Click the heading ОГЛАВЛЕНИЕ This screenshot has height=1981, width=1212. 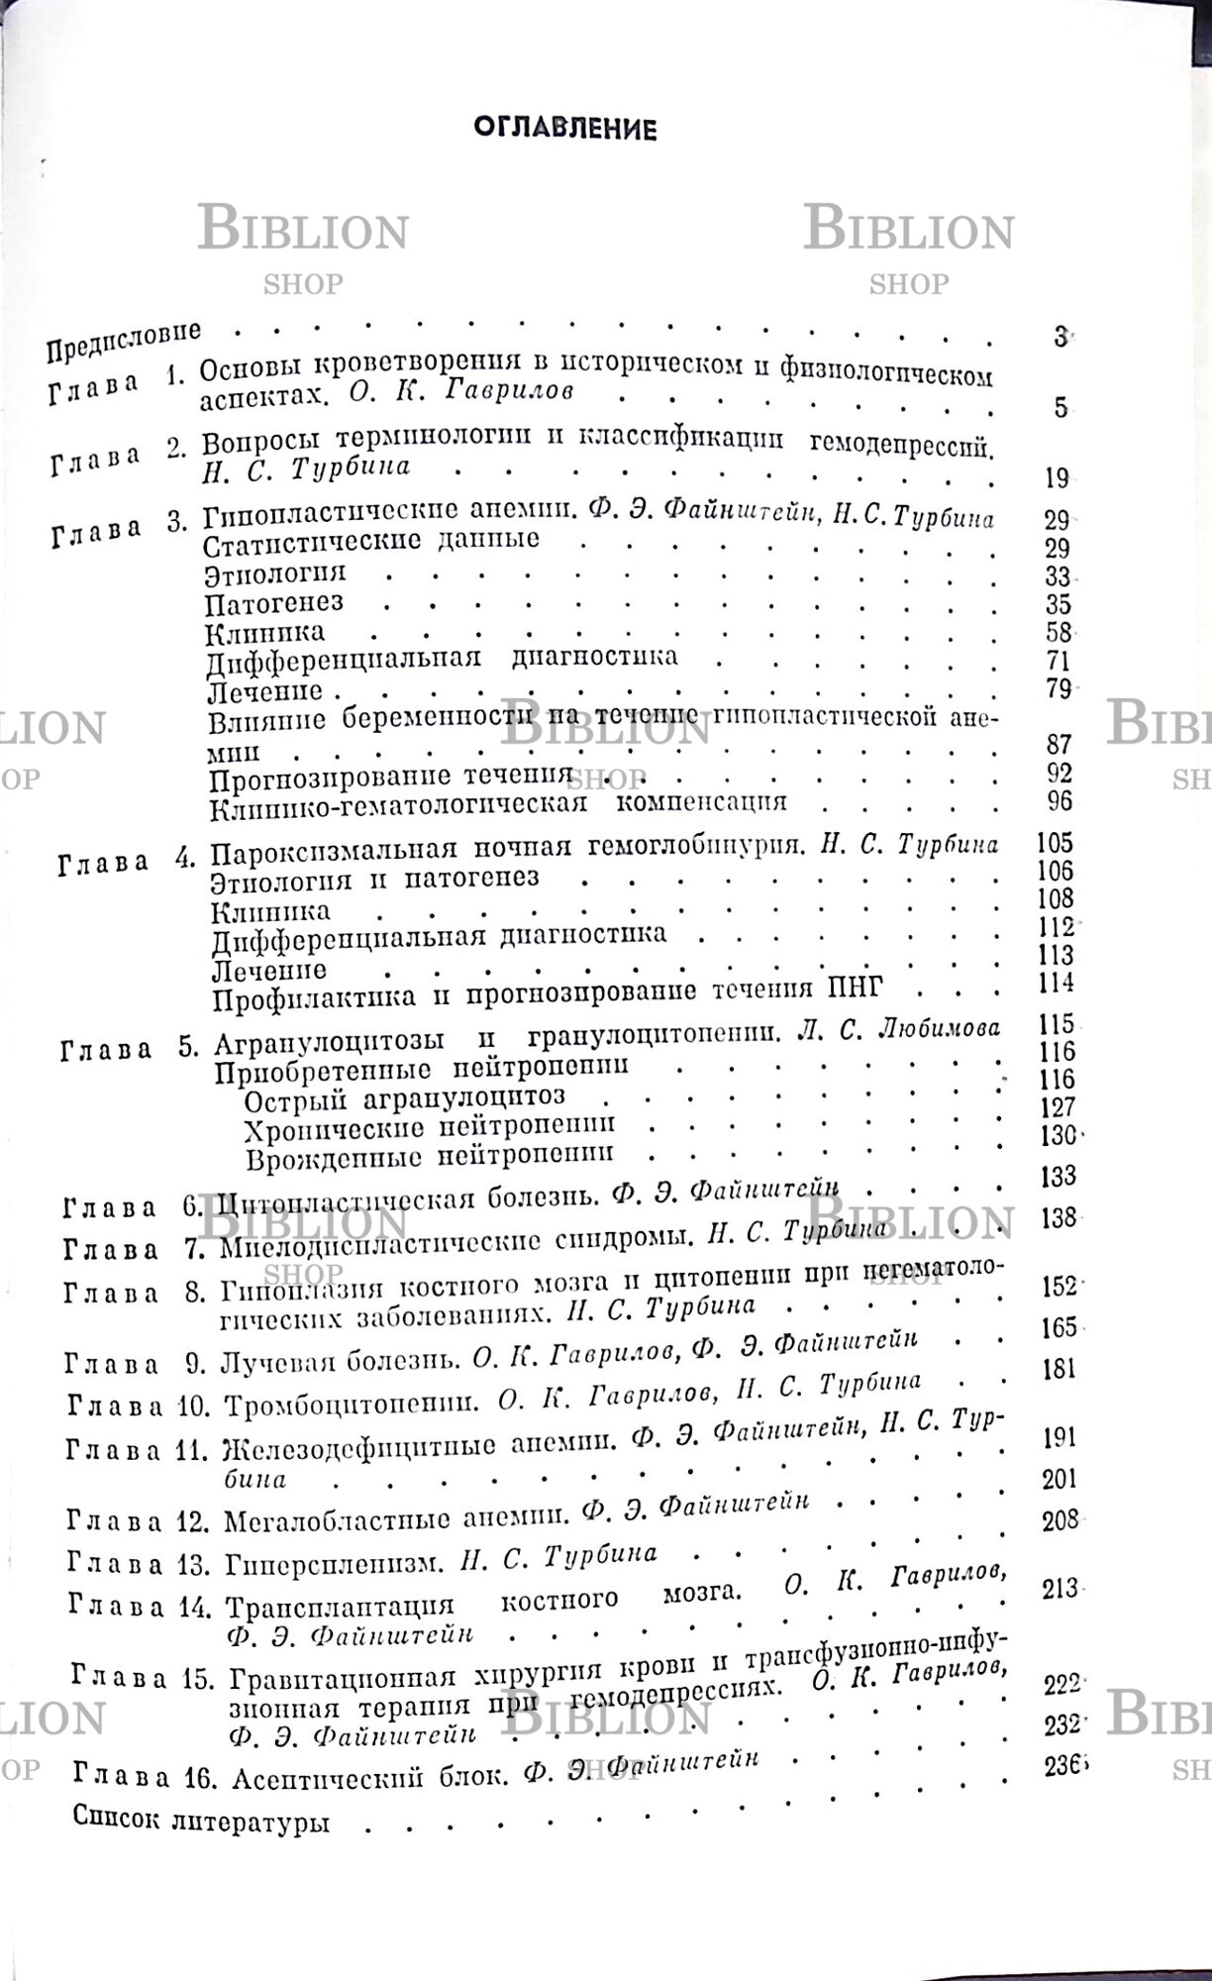pos(564,129)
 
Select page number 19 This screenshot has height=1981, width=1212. pos(1057,478)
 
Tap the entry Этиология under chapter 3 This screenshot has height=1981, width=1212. pos(275,573)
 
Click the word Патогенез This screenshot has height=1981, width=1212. pos(274,602)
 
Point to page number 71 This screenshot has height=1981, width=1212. pos(1059,661)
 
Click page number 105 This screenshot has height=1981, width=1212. pos(1054,843)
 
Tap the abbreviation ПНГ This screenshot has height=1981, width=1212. pos(854,989)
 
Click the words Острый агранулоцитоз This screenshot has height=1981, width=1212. pos(404,1098)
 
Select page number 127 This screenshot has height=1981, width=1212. pos(1058,1107)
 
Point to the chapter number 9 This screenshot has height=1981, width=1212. pos(194,1364)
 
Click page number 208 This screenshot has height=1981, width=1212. pos(1060,1520)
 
